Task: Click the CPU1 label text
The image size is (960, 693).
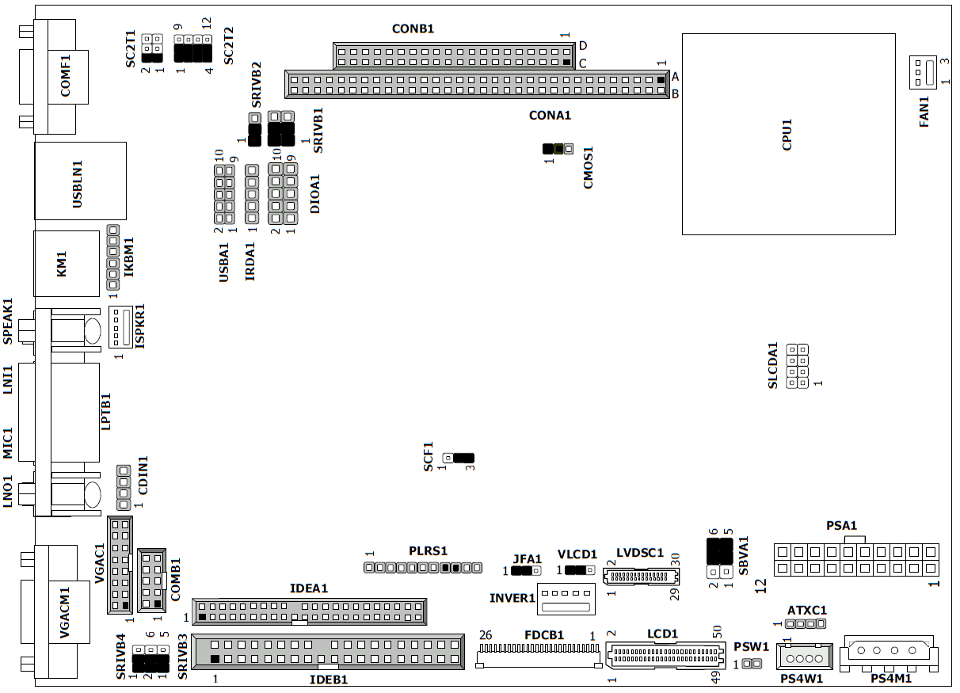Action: (x=787, y=135)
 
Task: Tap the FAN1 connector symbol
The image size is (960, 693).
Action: (x=923, y=72)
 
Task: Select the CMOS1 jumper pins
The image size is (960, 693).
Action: (x=558, y=149)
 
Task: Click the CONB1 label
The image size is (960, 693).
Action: (x=413, y=29)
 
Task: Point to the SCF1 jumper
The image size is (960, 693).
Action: (x=459, y=458)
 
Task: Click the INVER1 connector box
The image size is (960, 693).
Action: (x=566, y=599)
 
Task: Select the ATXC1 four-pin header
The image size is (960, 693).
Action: (x=806, y=623)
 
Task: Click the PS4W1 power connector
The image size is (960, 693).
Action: (x=805, y=656)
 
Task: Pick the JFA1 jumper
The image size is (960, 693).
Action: (x=526, y=570)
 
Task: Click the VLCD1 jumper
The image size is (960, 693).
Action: (x=580, y=570)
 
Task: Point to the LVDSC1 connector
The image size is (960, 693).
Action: (x=641, y=577)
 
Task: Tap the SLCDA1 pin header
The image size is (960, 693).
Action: (x=797, y=366)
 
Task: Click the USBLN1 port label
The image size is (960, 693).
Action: (x=78, y=185)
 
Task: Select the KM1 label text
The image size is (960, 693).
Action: (x=62, y=264)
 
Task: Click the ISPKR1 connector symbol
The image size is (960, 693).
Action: (x=120, y=326)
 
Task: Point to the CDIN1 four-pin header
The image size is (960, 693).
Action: (x=124, y=488)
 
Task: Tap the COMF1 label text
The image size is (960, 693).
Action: (x=65, y=75)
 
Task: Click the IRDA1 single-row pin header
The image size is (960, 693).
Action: (x=252, y=194)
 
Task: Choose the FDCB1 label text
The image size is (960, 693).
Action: (x=544, y=634)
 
